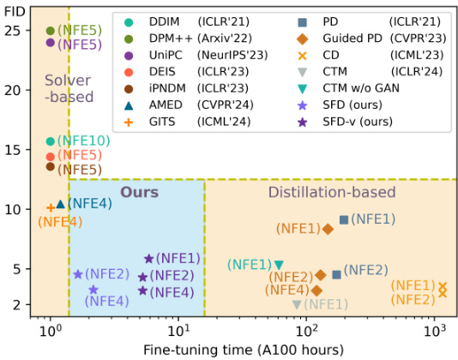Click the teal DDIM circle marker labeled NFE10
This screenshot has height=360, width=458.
tap(51, 141)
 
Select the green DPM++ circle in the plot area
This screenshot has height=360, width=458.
tap(51, 31)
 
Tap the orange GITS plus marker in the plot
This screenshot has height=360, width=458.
tap(51, 207)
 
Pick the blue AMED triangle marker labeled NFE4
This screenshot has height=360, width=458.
tap(60, 204)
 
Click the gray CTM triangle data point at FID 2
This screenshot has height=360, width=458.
tap(297, 304)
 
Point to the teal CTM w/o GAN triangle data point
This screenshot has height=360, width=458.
tap(279, 265)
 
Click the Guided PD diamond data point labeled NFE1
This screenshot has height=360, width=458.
tap(328, 229)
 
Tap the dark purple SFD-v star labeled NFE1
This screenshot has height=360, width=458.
tap(148, 258)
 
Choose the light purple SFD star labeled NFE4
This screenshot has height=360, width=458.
tap(93, 290)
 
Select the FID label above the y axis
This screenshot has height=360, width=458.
tap(15, 8)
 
